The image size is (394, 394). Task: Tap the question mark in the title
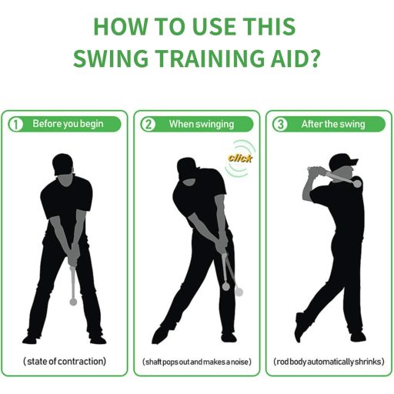coord(314,58)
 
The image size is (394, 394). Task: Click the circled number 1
coord(16,125)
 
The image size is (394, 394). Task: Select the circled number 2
coord(149,125)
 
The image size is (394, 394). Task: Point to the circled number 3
coord(280,125)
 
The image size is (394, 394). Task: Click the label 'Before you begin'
coord(68,124)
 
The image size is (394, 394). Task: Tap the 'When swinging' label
coord(202,124)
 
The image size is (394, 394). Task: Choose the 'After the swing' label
coord(333,124)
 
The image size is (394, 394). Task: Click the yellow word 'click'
coord(240,159)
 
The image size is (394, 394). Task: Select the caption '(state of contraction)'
coord(65,362)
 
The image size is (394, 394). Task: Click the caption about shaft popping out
coord(197,362)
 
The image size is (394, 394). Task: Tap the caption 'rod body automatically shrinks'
coord(329,362)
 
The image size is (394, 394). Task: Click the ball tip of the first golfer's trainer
coord(73,302)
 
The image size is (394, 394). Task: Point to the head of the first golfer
coord(63,165)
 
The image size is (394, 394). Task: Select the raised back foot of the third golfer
coord(299,327)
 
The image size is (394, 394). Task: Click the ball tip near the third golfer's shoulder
coord(356,183)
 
